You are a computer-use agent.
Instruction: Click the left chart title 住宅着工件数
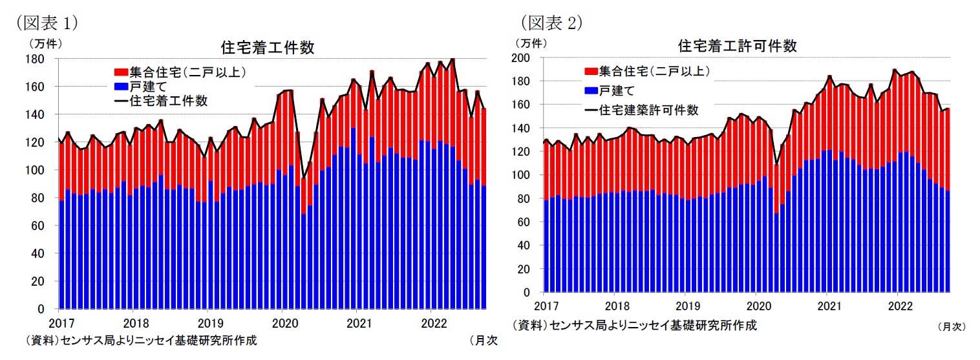point(268,48)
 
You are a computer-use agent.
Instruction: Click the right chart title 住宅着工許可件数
point(737,47)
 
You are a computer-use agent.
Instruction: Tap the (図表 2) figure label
point(551,22)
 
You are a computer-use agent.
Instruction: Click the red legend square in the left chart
point(120,72)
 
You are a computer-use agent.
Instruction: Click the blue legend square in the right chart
point(590,90)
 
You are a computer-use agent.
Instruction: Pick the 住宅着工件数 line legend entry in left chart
point(164,100)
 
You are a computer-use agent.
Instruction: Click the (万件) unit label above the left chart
point(43,44)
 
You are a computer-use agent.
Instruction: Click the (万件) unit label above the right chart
point(530,43)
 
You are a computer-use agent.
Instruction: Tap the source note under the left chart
point(138,341)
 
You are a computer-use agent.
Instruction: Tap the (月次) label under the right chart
point(951,327)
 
